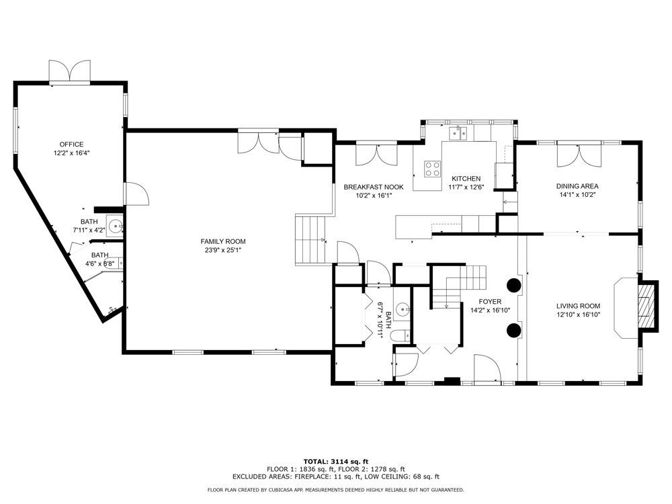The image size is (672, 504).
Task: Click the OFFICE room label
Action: [x=72, y=144]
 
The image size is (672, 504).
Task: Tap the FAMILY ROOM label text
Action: [x=223, y=242]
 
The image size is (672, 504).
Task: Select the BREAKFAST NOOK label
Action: [x=373, y=187]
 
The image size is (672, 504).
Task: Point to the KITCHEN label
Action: [x=466, y=179]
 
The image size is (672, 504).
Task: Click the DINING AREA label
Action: [x=577, y=186]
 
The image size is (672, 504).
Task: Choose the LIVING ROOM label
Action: [x=578, y=306]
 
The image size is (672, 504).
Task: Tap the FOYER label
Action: [x=490, y=302]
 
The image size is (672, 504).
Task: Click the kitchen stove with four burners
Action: [x=432, y=169]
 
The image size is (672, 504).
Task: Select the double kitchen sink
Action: [x=458, y=133]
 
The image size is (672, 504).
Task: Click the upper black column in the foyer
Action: [x=514, y=285]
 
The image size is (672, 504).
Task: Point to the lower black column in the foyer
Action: [x=514, y=329]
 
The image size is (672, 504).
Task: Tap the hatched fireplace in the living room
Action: [x=645, y=306]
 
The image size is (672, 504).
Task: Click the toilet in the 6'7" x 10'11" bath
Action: [x=400, y=335]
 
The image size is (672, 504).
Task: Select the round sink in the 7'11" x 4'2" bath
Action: [x=116, y=225]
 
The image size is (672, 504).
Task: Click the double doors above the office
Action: [x=70, y=71]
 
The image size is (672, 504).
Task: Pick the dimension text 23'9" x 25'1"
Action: [x=223, y=250]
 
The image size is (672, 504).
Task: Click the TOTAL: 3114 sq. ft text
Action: [x=336, y=462]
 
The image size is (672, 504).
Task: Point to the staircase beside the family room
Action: [x=310, y=240]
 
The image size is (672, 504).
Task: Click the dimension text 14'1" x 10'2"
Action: [x=577, y=195]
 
